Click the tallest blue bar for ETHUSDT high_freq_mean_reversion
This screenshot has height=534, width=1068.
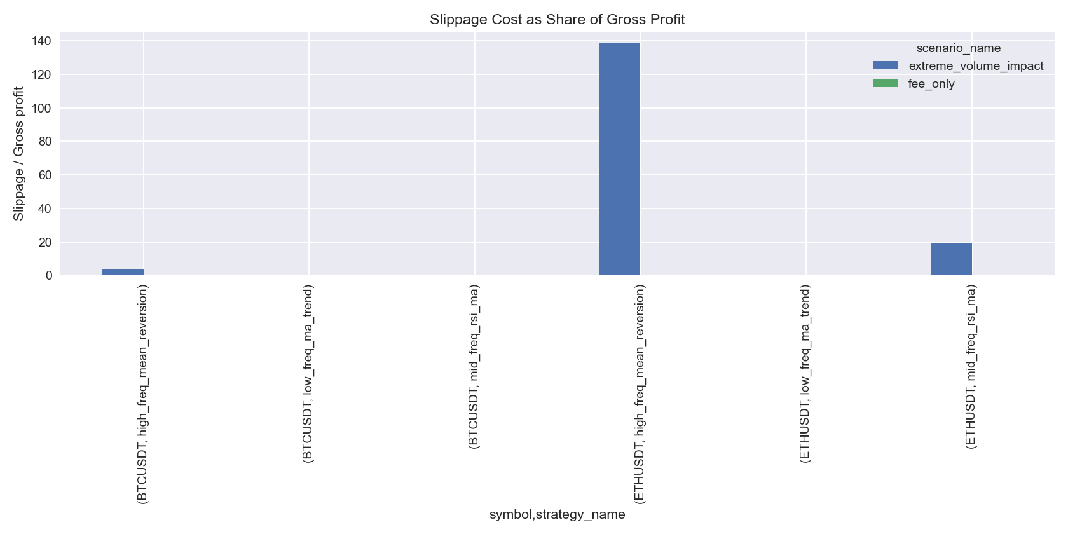(x=619, y=159)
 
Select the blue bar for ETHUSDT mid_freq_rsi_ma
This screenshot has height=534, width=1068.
(x=951, y=259)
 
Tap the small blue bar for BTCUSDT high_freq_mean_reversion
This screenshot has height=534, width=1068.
(x=123, y=272)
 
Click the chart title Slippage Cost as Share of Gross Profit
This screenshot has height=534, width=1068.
(x=557, y=19)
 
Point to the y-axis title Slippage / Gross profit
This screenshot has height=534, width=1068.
(x=18, y=154)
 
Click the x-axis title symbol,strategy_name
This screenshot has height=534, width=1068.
(x=557, y=514)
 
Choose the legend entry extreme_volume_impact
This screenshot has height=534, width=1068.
(x=976, y=66)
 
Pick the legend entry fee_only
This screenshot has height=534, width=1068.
(x=931, y=84)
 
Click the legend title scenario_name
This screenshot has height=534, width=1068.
(x=958, y=48)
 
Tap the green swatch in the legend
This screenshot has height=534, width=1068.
(x=886, y=83)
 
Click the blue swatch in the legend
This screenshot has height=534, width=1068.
(x=886, y=65)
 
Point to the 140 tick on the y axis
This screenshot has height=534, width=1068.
(x=42, y=41)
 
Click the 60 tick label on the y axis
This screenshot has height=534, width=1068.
(x=45, y=175)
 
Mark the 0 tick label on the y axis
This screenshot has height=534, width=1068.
(x=48, y=276)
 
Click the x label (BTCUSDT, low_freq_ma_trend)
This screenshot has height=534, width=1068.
(x=308, y=373)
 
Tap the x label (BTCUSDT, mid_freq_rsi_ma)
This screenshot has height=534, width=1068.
(x=474, y=367)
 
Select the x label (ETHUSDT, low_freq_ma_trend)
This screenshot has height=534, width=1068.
(x=805, y=373)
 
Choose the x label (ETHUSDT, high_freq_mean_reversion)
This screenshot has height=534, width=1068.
(x=640, y=394)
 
